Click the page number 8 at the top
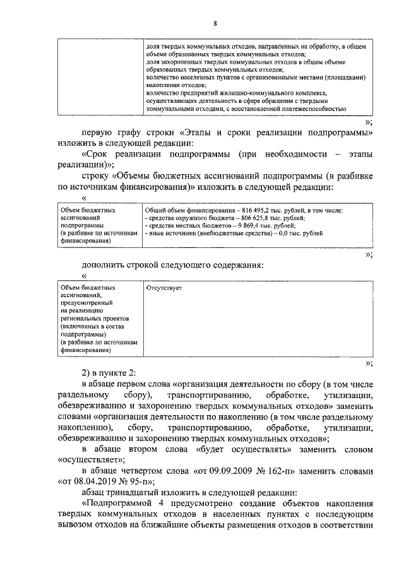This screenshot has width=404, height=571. pos(215,23)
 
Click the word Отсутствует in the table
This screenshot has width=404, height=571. pos(163,288)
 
